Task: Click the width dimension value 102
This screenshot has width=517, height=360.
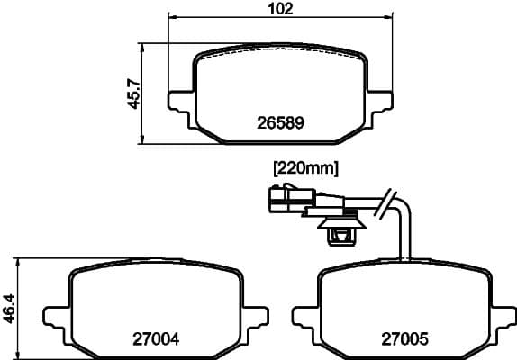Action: point(281,9)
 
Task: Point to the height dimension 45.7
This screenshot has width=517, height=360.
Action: point(132,93)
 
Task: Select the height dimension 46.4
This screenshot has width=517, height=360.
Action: point(9,308)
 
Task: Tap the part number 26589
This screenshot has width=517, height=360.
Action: point(280,123)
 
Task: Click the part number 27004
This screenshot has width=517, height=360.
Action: point(156,339)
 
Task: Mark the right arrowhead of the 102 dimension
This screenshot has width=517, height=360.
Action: point(390,18)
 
